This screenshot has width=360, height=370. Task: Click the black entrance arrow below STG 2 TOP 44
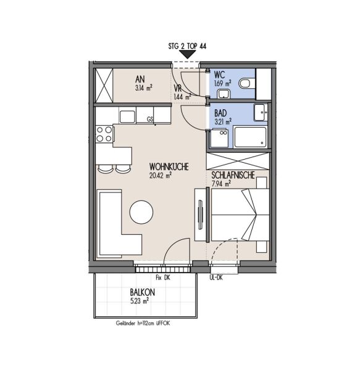point(187,55)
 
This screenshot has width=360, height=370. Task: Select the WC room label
point(219,75)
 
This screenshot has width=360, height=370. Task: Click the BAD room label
point(220,113)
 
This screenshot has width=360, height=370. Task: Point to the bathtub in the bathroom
point(250,137)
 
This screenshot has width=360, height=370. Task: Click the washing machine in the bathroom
point(219,138)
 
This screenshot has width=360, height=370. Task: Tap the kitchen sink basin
point(127,117)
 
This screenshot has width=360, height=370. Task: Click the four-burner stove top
point(104,134)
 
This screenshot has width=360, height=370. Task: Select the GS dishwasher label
point(150,120)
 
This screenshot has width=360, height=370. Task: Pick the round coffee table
point(141,212)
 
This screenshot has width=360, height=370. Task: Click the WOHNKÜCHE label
point(169,167)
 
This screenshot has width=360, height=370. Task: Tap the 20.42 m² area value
point(160,176)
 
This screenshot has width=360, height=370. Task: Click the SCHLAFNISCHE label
point(233,175)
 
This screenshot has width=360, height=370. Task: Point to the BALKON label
point(142,292)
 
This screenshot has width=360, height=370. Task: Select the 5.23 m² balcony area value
point(140,301)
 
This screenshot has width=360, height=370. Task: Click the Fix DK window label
point(163,277)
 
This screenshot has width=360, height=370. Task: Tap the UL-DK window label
point(216,277)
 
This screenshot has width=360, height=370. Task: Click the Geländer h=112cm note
point(143,323)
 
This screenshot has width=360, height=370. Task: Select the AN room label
point(140,80)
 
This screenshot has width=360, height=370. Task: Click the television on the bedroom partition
point(201,215)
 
